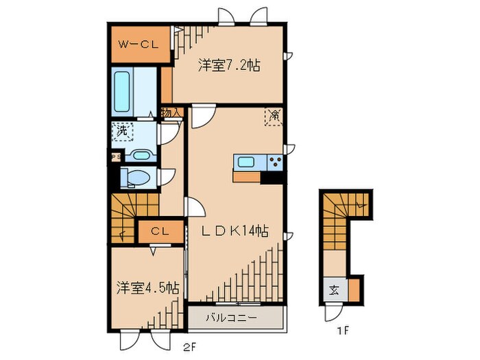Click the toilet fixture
[x=136, y=178]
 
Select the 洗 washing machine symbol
[x=122, y=130]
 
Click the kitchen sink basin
[x=246, y=162]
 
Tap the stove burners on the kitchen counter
[x=276, y=162]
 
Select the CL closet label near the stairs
[x=160, y=232]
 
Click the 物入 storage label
[x=171, y=112]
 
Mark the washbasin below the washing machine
[x=141, y=154]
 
